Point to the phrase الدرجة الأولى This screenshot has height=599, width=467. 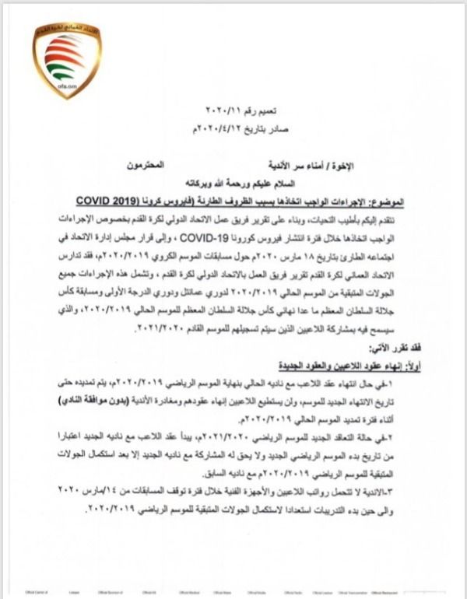click(156, 283)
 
